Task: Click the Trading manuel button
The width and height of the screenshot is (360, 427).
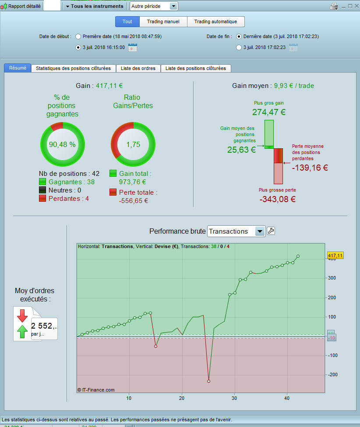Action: pyautogui.click(x=163, y=21)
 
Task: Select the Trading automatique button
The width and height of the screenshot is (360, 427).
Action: pyautogui.click(x=215, y=21)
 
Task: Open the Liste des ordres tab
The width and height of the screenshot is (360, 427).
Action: pyautogui.click(x=138, y=68)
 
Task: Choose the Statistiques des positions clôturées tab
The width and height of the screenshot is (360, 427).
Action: pyautogui.click(x=73, y=68)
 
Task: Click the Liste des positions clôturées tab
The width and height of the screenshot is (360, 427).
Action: pyautogui.click(x=196, y=68)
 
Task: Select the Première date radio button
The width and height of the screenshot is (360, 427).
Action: pyautogui.click(x=78, y=36)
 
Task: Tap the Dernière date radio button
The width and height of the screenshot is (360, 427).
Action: pyautogui.click(x=239, y=36)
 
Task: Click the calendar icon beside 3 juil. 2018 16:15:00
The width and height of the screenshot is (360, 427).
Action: pyautogui.click(x=132, y=47)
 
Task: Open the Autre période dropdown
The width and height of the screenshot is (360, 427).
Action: pyautogui.click(x=154, y=6)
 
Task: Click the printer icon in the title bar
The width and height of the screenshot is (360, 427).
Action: pyautogui.click(x=334, y=6)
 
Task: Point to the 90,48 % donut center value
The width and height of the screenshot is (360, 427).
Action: pyautogui.click(x=62, y=144)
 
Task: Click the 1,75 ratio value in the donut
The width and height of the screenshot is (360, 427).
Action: pyautogui.click(x=133, y=144)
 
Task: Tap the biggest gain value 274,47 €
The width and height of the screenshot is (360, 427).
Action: pyautogui.click(x=268, y=112)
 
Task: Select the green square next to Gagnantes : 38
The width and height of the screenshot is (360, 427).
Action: pyautogui.click(x=42, y=182)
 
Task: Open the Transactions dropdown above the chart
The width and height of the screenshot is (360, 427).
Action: pyautogui.click(x=236, y=231)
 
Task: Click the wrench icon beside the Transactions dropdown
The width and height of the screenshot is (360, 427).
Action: pyautogui.click(x=271, y=231)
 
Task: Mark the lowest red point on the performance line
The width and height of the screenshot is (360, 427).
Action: pyautogui.click(x=208, y=381)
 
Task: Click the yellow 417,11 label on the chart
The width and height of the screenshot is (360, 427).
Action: pyautogui.click(x=335, y=255)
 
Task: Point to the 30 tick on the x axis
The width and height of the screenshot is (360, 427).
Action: pyautogui.click(x=234, y=398)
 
